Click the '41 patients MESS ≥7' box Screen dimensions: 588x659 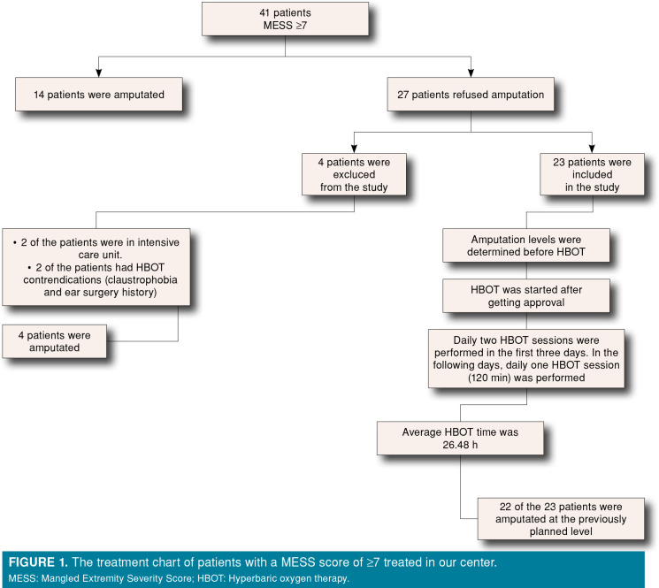tap(285, 25)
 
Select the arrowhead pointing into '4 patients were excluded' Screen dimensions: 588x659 tap(354, 148)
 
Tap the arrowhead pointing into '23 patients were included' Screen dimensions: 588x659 tap(593, 148)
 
